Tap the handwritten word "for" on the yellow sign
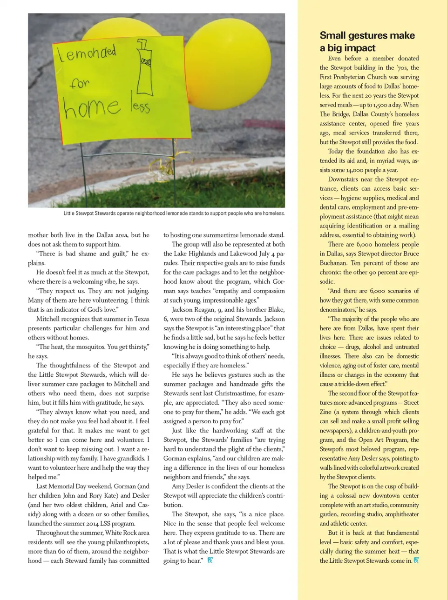point(80,83)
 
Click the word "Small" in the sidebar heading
point(332,35)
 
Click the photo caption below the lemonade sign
point(174,213)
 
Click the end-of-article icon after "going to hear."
point(210,560)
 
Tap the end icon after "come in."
point(416,560)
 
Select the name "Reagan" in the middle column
point(202,309)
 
